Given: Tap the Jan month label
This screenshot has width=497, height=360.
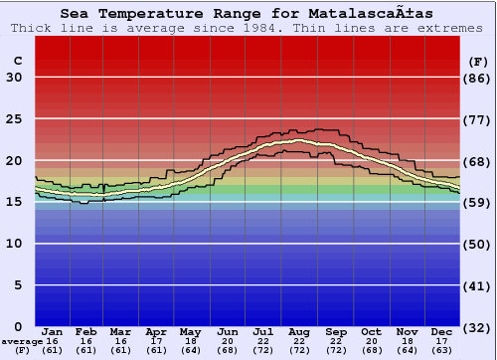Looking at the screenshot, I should click(53, 331).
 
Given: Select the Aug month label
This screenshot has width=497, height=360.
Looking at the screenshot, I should click(299, 331).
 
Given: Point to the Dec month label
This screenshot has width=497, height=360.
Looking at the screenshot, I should click(441, 331).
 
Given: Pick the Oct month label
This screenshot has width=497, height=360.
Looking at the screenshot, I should click(370, 331).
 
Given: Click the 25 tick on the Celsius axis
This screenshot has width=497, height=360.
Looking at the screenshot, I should click(14, 119).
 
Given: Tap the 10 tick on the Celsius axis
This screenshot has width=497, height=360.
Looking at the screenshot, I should click(14, 244).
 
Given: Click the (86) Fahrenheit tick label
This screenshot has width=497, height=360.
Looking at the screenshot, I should click(478, 79).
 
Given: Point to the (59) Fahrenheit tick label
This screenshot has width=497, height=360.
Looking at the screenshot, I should click(478, 203).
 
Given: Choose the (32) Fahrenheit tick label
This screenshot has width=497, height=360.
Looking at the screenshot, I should click(478, 327).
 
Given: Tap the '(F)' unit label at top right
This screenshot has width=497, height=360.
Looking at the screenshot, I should click(477, 61).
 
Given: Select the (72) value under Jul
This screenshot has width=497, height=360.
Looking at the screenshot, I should click(263, 350).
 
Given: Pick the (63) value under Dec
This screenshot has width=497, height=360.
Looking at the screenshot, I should click(441, 350).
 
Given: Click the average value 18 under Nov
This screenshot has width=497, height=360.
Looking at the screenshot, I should click(406, 341).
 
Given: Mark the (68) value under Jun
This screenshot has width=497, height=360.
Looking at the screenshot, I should click(227, 350).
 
